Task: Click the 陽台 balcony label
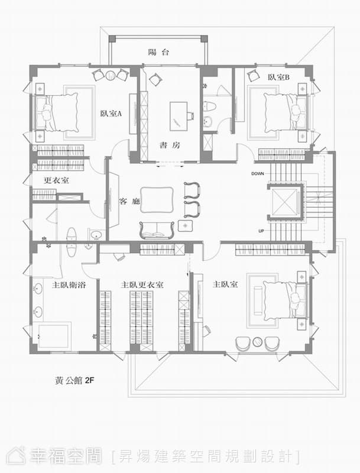tap(158, 52)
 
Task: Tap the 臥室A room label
tap(111, 114)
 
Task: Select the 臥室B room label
tap(278, 77)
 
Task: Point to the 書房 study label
tap(170, 145)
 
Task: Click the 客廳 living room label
tap(129, 201)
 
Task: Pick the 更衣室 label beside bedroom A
tap(56, 180)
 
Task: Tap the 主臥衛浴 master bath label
tap(69, 284)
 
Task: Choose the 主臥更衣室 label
tap(142, 284)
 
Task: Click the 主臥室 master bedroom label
tap(225, 284)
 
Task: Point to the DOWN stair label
tap(258, 174)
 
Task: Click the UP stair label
tap(261, 231)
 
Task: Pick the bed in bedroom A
tap(56, 112)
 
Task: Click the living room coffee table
tap(157, 200)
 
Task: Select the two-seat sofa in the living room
tap(157, 230)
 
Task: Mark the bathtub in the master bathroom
tap(51, 336)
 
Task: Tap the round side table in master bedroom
tap(258, 342)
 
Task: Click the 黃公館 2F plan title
tap(74, 380)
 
